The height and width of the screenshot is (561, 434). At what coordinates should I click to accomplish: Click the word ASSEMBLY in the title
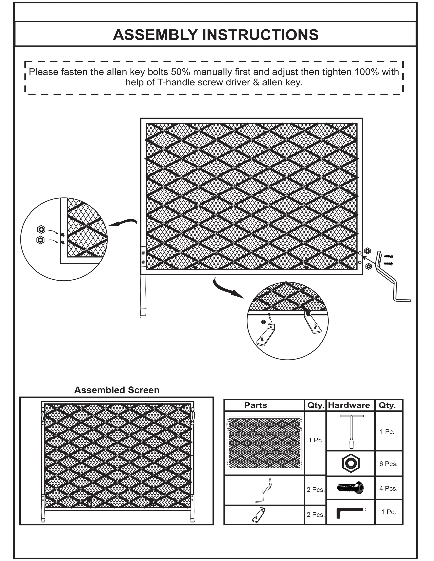(155, 35)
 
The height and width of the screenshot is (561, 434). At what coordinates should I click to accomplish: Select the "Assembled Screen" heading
(117, 390)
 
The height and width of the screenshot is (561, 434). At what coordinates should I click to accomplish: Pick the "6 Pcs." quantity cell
(388, 464)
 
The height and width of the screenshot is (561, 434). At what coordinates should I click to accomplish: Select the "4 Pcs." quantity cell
(388, 488)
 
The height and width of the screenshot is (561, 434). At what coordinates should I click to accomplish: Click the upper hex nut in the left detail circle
(41, 229)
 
